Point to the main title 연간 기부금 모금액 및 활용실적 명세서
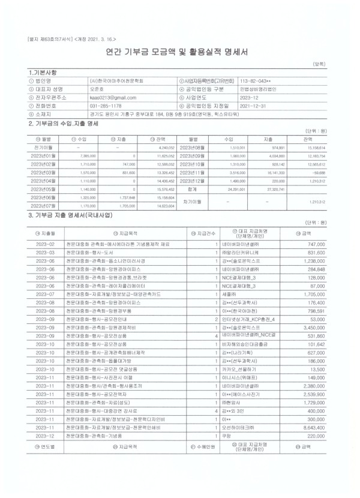pyautogui.click(x=180, y=52)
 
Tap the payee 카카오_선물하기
pyautogui.click(x=239, y=388)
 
